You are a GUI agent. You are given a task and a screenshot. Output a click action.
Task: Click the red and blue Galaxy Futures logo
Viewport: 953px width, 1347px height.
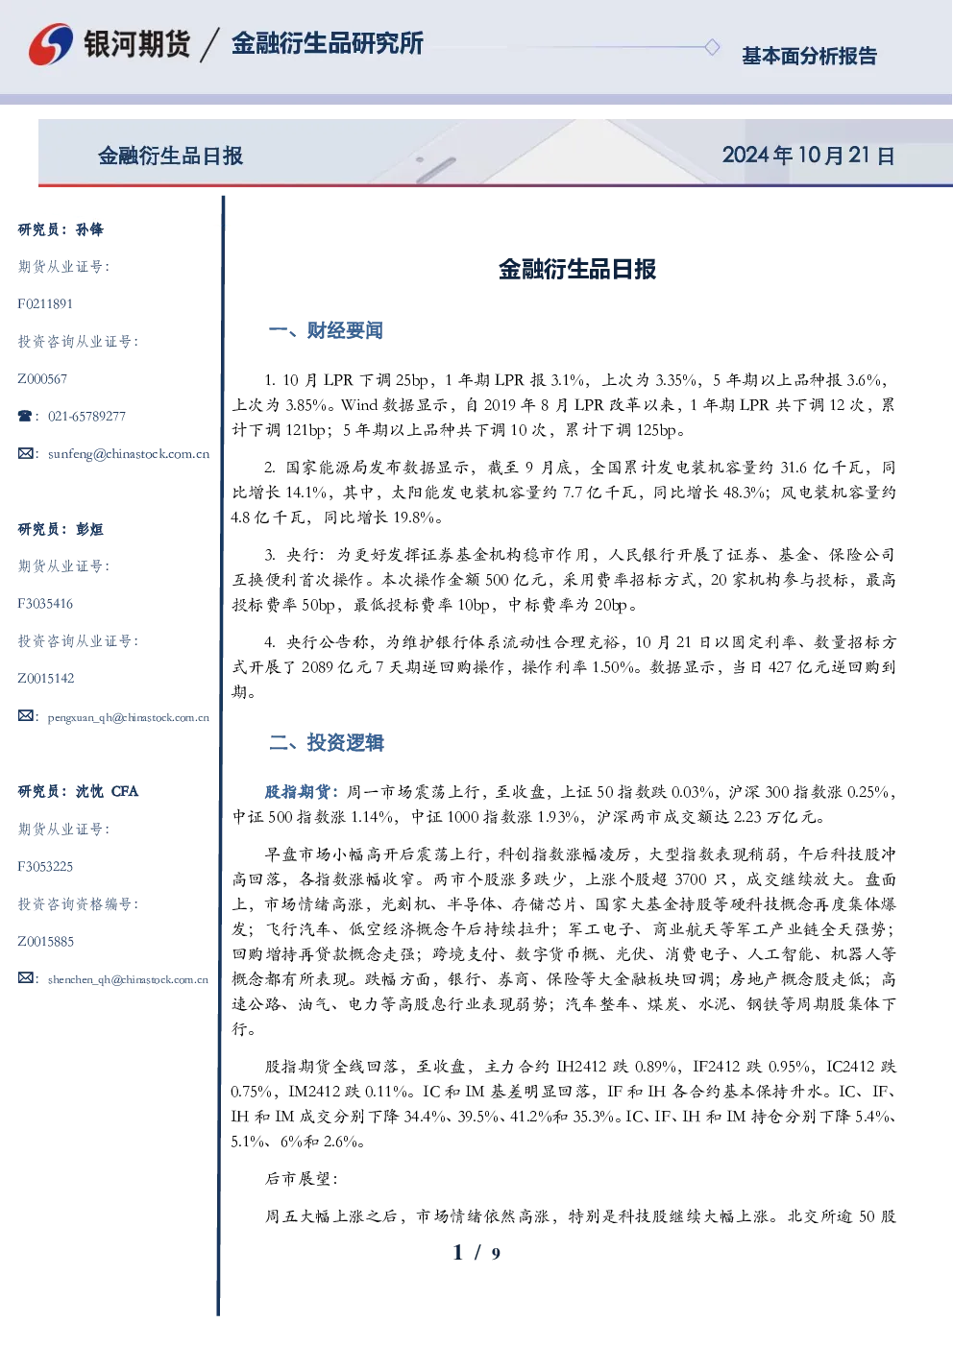[51, 44]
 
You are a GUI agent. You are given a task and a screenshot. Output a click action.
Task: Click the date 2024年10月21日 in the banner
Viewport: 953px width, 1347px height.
[808, 156]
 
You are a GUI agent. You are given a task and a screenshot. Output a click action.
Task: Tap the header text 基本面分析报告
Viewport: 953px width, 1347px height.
[809, 56]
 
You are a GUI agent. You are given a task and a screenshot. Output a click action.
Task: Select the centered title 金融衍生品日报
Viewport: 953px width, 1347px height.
[577, 269]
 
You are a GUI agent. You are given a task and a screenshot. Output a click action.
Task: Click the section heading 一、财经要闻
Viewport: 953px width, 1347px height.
[326, 330]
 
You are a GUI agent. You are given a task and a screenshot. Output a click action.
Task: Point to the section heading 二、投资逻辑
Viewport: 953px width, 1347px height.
[326, 743]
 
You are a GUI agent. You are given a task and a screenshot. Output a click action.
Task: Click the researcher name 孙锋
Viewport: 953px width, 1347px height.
[89, 229]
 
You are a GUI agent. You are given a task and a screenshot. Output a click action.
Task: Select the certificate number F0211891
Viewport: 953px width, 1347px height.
[45, 303]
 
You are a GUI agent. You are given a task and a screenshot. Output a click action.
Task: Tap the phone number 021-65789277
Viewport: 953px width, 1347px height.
[86, 416]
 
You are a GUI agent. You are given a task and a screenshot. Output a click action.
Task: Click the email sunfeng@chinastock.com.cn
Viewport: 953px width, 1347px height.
[129, 454]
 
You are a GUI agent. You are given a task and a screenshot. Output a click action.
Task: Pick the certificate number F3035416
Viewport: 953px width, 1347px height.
[45, 603]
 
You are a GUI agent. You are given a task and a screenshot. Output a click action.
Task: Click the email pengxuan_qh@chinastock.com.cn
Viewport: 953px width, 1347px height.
[129, 717]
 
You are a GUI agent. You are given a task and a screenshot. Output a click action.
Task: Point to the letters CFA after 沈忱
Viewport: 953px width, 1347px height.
[125, 791]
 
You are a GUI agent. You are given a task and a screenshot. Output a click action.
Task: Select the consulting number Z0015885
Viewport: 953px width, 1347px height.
[46, 941]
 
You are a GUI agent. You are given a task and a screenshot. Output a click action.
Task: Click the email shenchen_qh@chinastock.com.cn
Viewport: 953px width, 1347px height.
[128, 979]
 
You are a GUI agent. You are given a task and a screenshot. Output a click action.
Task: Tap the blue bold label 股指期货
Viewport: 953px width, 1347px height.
[297, 792]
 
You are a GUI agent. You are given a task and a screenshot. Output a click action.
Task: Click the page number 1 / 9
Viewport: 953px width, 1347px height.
[476, 1253]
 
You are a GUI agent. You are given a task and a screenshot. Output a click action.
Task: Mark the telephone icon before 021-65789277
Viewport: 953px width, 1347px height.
[25, 416]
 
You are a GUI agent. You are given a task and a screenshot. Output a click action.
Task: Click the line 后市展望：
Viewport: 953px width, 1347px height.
[301, 1179]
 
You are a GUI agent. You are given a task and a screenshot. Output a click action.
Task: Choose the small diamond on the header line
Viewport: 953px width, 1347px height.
[712, 47]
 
